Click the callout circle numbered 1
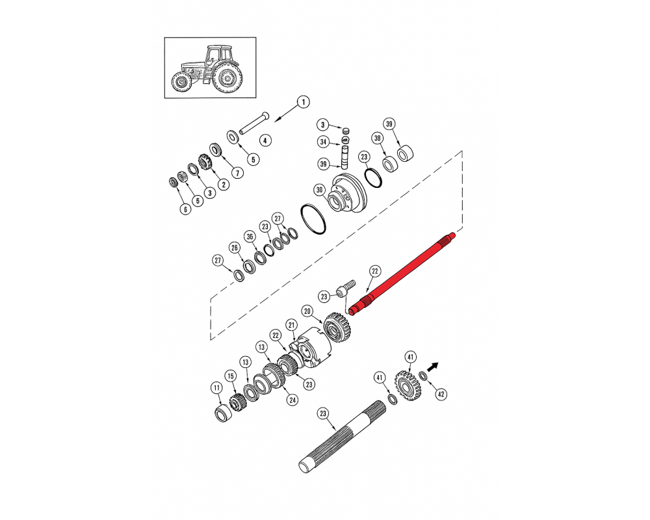tap(304, 102)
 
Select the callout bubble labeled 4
tap(265, 140)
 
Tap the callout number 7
tap(237, 172)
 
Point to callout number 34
tap(323, 142)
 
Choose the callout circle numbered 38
tap(377, 138)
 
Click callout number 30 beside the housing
tap(319, 190)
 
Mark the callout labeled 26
tap(235, 248)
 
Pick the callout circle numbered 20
tap(307, 311)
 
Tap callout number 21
tap(291, 325)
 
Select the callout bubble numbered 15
tap(231, 376)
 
